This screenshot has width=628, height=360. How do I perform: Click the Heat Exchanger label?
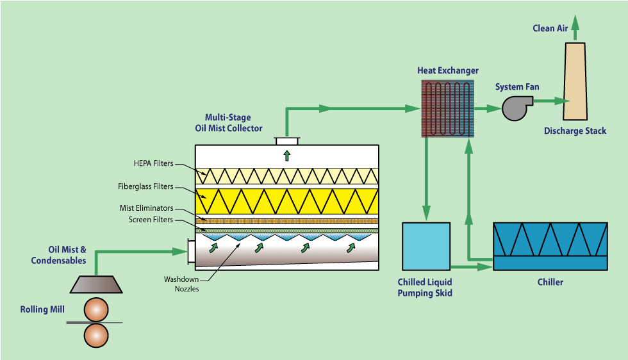click(448, 70)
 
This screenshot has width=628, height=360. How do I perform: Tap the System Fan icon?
click(514, 108)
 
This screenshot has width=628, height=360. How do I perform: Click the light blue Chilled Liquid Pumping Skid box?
click(426, 245)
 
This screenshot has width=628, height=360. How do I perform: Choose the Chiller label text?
click(550, 282)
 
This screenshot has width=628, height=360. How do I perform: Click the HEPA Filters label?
click(154, 164)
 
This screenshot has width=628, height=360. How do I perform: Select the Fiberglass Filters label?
click(145, 187)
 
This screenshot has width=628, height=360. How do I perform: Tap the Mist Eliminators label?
click(147, 208)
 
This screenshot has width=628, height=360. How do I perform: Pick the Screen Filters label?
click(151, 220)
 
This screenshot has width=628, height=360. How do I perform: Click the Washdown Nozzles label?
click(181, 284)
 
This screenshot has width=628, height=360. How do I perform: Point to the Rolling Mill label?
click(42, 310)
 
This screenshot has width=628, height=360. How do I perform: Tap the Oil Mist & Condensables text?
click(58, 256)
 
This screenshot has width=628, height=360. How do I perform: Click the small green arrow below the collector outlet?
click(286, 155)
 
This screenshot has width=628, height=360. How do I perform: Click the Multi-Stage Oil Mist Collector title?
click(228, 123)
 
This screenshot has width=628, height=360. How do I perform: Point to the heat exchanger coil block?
click(447, 108)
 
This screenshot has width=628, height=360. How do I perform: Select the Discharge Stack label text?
click(575, 131)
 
